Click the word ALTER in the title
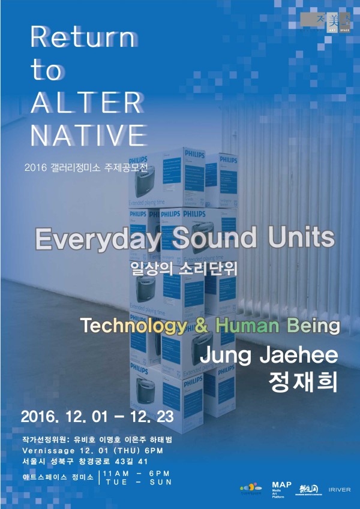(86, 103)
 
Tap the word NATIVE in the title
(88, 135)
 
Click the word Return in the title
(83, 39)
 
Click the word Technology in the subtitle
(133, 326)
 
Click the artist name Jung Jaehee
(268, 355)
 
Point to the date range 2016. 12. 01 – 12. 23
(97, 415)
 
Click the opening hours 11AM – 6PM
(137, 473)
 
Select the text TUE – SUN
(137, 481)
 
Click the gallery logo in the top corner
(328, 22)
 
